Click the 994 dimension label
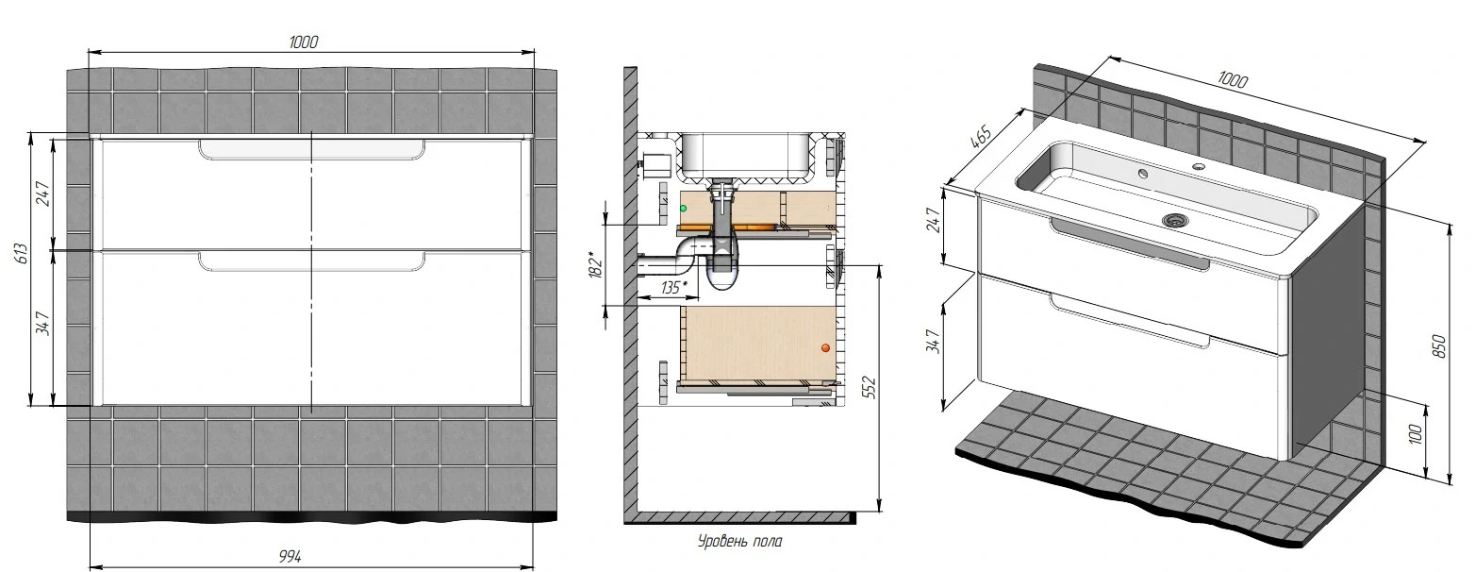[x=290, y=557]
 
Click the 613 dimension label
[x=21, y=254]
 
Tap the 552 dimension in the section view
[x=870, y=388]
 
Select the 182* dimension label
[x=595, y=264]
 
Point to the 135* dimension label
[x=671, y=287]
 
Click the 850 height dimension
[x=1439, y=346]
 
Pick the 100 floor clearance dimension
[x=1416, y=433]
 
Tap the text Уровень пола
[x=740, y=542]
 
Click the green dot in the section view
[x=684, y=209]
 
